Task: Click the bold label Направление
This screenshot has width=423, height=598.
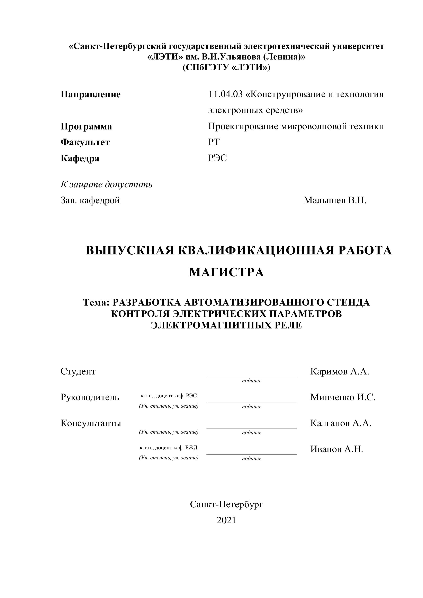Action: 91,94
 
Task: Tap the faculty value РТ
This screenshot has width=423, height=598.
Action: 214,142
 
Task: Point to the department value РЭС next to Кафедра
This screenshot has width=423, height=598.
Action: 217,158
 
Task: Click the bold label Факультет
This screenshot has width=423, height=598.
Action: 85,143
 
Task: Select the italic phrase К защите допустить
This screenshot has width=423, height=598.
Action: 107,184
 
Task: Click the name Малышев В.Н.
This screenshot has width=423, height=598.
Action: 335,200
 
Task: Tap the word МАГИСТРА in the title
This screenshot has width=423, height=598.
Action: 226,272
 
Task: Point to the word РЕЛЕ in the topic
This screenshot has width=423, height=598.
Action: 288,325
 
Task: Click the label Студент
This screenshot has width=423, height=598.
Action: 78,371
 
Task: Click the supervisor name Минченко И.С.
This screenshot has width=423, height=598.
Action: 343,397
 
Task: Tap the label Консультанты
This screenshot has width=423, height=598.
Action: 91,423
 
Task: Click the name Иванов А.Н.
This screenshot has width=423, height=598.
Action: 336,449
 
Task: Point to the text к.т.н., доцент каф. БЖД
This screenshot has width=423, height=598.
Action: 169,448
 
